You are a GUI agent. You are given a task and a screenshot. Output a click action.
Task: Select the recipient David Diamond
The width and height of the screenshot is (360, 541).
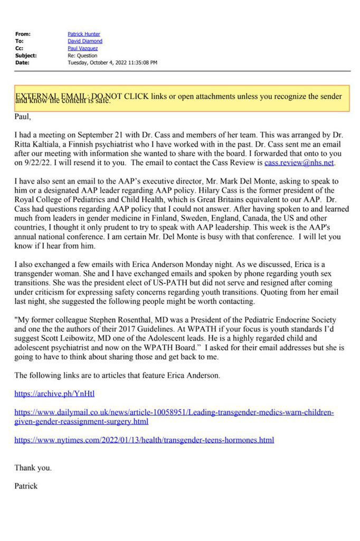pos(85,41)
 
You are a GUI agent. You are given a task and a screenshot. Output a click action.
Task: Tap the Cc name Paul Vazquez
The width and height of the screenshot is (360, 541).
pos(83,48)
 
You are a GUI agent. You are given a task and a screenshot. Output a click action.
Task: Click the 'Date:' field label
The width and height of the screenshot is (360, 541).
pos(23,62)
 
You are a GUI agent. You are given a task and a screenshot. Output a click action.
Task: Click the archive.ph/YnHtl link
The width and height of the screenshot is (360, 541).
pos(54,394)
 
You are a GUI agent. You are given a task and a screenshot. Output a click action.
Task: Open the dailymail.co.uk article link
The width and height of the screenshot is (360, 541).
pos(174,416)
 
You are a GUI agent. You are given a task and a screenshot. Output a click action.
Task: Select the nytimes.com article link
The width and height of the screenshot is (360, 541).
pos(144,440)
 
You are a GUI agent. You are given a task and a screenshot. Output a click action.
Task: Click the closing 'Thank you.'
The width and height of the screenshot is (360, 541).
pos(33,468)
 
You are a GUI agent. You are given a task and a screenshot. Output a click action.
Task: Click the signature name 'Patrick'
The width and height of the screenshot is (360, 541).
pos(26,486)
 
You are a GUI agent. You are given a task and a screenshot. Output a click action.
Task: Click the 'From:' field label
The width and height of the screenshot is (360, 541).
pos(23,34)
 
